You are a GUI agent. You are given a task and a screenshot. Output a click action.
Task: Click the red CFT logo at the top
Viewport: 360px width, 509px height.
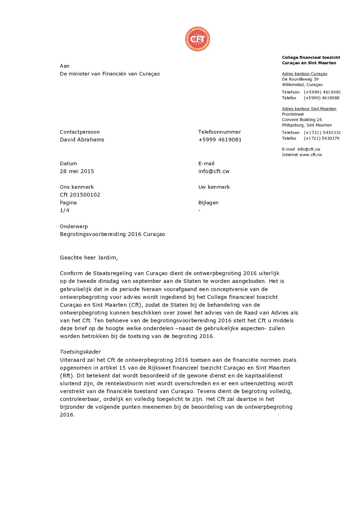[197, 39]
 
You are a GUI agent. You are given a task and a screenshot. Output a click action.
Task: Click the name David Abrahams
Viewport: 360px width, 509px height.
[82, 140]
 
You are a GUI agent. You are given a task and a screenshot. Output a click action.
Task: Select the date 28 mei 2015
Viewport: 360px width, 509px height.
[77, 171]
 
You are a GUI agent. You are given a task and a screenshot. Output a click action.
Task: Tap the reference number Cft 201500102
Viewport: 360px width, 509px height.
[80, 195]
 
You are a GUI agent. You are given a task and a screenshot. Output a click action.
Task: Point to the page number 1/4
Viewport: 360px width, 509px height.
[65, 210]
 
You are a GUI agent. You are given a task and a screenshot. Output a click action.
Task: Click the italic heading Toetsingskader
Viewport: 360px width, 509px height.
[80, 352]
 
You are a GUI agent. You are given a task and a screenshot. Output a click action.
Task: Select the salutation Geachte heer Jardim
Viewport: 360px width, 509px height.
[89, 258]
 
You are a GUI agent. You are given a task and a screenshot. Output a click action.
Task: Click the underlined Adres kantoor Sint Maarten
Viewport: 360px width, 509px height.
[309, 109]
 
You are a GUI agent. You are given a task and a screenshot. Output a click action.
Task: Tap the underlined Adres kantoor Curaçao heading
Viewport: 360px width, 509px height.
[305, 74]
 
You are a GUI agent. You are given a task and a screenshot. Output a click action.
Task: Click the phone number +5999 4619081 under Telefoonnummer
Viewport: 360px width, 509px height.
[220, 140]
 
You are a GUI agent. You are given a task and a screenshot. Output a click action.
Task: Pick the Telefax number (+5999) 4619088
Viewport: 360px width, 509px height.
[322, 98]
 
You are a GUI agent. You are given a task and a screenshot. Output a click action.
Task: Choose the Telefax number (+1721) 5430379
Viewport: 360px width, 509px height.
[322, 138]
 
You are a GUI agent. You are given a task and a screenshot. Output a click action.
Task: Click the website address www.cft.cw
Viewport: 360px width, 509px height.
[311, 155]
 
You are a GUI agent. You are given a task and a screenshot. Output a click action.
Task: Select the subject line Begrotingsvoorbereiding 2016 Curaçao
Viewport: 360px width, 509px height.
[112, 234]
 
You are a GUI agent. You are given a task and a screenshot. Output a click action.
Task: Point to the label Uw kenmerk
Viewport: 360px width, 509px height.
[214, 187]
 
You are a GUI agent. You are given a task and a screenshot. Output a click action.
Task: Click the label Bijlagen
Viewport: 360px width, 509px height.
[208, 203]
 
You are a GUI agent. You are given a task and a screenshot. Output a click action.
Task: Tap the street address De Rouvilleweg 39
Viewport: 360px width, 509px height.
[300, 79]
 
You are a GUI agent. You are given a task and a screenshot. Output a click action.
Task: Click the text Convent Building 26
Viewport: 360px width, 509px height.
[302, 120]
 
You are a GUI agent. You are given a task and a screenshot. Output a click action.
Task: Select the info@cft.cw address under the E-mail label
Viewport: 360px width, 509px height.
[214, 171]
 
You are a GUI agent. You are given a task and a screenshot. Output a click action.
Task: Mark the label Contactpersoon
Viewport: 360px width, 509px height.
[80, 132]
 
